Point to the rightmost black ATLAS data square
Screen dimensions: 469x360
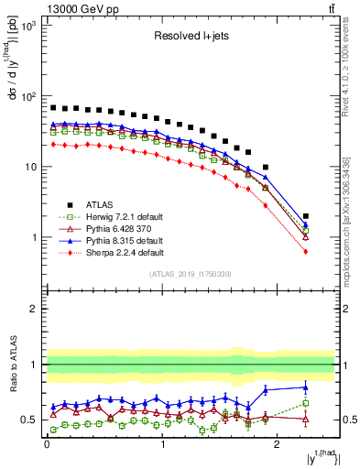(306, 216)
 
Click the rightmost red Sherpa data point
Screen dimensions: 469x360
(306, 251)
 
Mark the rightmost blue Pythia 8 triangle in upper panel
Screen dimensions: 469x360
(306, 224)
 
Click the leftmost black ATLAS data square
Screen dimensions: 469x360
(53, 107)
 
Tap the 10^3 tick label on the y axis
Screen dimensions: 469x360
(28, 26)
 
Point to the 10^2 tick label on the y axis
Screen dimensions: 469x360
(28, 96)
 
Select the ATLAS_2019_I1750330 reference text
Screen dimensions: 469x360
(191, 274)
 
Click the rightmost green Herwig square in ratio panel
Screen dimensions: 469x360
(306, 403)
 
